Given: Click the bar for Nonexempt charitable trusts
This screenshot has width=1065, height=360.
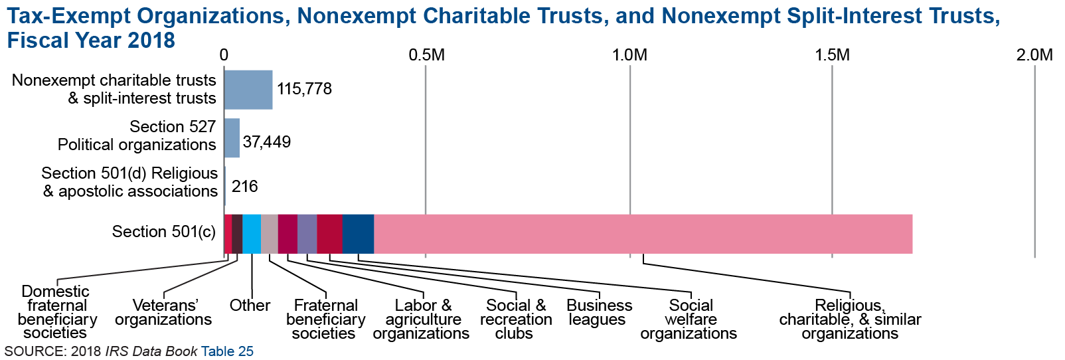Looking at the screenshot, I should [248, 90].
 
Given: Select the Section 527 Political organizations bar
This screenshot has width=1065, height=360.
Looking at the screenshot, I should [232, 138].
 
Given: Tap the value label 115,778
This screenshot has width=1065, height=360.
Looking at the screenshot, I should [304, 89].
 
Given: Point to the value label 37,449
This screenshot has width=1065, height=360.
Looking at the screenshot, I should [267, 141].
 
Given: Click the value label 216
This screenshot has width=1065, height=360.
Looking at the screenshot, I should [245, 187].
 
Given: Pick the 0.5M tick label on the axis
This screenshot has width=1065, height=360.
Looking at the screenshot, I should [426, 55].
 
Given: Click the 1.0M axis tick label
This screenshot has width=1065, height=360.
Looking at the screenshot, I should [629, 55].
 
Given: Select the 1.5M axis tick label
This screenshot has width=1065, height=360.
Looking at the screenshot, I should [832, 55].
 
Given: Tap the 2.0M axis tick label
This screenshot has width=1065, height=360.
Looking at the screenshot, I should [1034, 55].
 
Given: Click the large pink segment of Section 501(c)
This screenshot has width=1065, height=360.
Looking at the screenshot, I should [643, 234].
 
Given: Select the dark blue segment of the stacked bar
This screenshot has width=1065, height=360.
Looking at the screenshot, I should [358, 234].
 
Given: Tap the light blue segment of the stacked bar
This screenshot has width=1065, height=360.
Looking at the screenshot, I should [252, 234].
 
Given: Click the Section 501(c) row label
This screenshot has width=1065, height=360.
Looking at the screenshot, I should [163, 232].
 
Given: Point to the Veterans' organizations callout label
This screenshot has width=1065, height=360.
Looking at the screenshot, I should [163, 313].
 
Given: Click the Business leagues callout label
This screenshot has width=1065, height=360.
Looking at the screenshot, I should [599, 313].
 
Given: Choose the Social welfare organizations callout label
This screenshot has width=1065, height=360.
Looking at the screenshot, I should [689, 319].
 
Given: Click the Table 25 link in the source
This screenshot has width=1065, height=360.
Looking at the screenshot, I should [227, 351].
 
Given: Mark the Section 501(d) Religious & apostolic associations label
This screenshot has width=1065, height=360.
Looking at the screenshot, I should [130, 183].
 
